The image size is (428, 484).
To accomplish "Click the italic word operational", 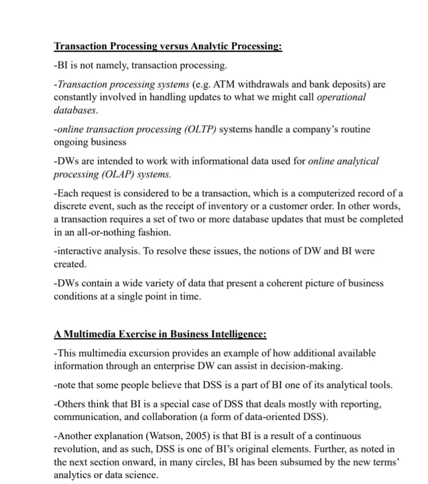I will coord(341,97).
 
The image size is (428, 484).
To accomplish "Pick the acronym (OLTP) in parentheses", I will coord(200,129).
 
